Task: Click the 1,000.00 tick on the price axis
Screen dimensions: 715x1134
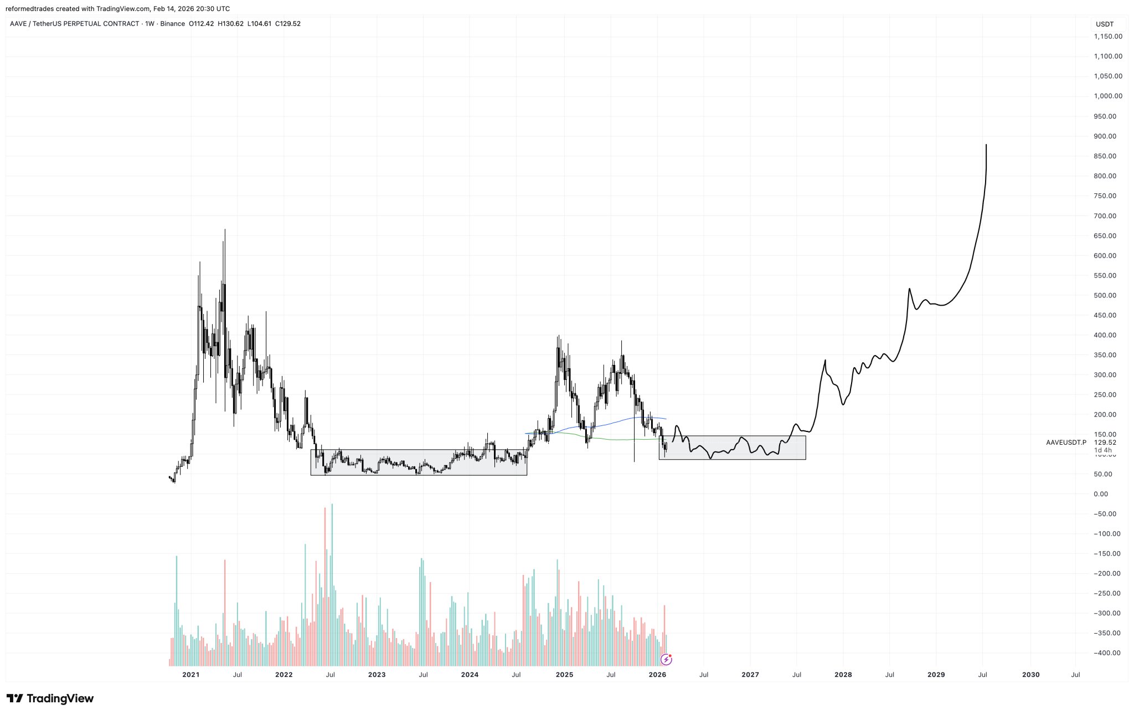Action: point(1108,96)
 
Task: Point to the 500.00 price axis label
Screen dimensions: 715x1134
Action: point(1108,295)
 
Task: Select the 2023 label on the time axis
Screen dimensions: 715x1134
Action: point(377,675)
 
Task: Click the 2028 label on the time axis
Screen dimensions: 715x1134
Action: point(843,675)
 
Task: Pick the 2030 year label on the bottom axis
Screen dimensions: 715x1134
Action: point(1030,675)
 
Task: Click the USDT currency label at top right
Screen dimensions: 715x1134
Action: point(1105,24)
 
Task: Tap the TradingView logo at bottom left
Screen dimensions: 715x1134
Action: point(50,698)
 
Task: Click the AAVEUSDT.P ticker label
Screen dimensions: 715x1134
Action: point(1066,443)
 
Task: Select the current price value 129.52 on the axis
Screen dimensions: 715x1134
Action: point(1105,443)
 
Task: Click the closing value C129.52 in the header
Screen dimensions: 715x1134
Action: point(288,24)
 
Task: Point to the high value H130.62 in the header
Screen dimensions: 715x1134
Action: point(231,24)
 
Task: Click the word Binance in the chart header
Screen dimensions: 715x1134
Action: point(173,24)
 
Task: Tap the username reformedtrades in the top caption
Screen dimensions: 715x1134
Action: point(29,9)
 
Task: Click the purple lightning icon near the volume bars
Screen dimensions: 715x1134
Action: point(667,659)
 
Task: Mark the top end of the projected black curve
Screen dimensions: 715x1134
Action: point(986,145)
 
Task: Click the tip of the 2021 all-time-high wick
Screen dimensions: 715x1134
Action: point(225,229)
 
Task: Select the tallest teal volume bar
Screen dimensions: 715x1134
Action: point(332,505)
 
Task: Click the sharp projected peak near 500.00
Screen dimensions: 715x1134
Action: point(909,289)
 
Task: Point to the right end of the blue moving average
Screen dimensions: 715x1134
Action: point(666,419)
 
